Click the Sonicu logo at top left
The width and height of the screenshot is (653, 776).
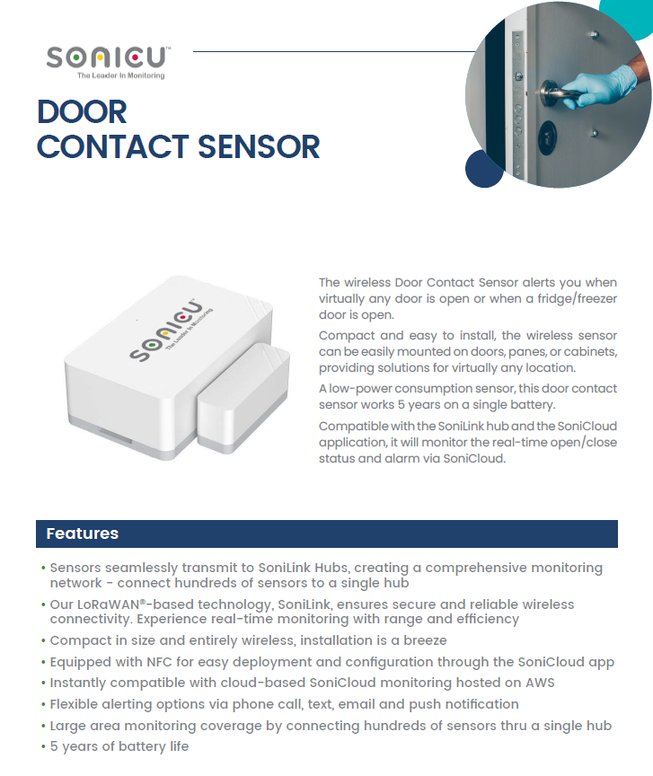[x=106, y=57]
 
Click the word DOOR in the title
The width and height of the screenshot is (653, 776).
[x=82, y=112]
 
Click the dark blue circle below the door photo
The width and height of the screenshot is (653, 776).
[x=484, y=169]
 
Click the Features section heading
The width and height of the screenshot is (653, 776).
[x=83, y=533]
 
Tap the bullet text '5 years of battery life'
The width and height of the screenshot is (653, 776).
[x=119, y=746]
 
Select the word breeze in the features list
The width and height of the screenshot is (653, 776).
[x=422, y=640]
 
